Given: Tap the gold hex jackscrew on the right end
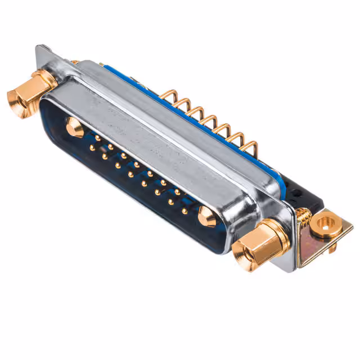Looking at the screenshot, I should click(256, 242).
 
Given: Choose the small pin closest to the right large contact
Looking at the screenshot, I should click(184, 211).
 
